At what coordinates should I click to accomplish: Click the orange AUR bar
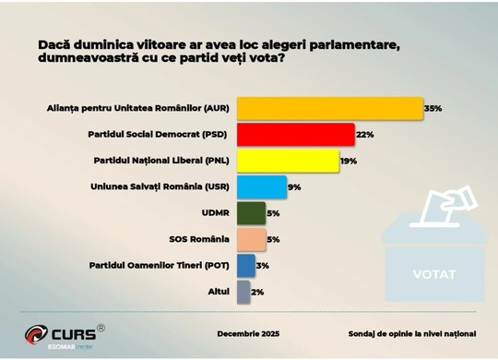coord(330,108)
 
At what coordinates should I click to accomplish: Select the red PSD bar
coord(296,135)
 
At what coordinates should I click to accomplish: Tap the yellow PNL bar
coord(288,161)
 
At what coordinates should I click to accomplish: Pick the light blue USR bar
coord(262,187)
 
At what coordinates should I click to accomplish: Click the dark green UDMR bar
coord(251,213)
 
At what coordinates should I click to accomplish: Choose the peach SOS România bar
coord(251,239)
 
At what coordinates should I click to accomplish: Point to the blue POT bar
coord(246,266)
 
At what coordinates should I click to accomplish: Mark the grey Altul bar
coord(243,292)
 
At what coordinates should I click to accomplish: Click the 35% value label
coord(433,108)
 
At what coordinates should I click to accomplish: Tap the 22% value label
coord(364,135)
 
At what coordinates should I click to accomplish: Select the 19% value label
coord(349,162)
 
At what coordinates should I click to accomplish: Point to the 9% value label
coord(294,187)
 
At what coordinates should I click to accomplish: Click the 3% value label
coord(263,266)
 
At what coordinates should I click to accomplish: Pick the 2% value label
coord(257,292)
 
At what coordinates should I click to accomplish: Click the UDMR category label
coord(215,212)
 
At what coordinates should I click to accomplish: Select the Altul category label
coord(219,292)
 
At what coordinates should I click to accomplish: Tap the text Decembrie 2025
coord(248,333)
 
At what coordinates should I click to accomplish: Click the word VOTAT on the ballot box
coord(434,274)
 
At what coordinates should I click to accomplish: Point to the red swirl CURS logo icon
coord(36,334)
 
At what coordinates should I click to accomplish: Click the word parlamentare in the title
coord(354,45)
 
